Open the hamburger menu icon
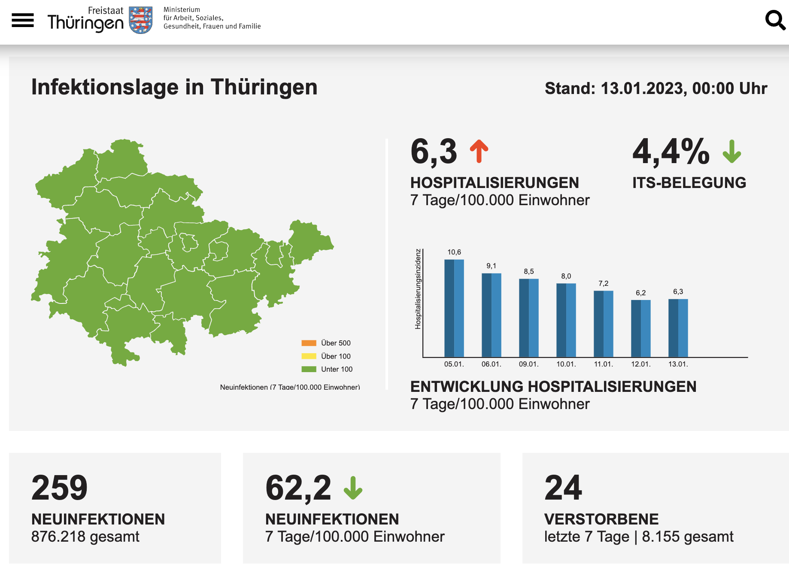(x=23, y=20)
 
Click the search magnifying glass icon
(x=775, y=20)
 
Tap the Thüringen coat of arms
(x=141, y=20)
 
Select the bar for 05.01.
(x=454, y=308)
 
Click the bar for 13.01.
(x=678, y=328)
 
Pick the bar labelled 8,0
(x=566, y=320)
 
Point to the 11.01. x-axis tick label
(x=604, y=364)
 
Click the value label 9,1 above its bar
(x=491, y=266)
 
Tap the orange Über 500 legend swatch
(x=309, y=343)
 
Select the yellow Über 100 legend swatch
(x=309, y=356)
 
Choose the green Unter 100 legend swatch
(x=309, y=369)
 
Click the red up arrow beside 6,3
(x=479, y=152)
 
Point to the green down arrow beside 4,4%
(x=732, y=152)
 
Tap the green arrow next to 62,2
(x=353, y=488)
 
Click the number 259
(x=60, y=488)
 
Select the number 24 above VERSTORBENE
(x=563, y=488)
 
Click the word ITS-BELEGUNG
(x=689, y=183)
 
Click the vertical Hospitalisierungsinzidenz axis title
(x=418, y=289)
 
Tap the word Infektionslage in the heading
(x=105, y=87)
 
